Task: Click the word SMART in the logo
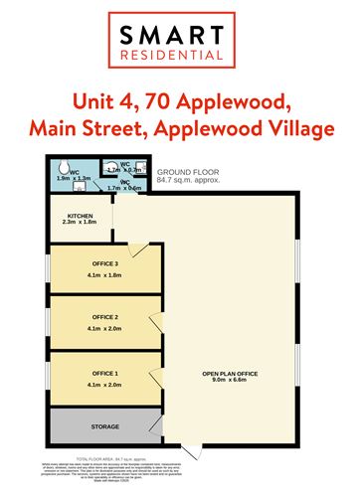click(x=178, y=37)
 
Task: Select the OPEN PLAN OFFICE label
click(x=231, y=373)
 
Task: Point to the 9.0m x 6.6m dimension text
click(x=231, y=382)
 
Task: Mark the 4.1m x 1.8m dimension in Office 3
click(x=103, y=274)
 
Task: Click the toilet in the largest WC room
click(x=63, y=169)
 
